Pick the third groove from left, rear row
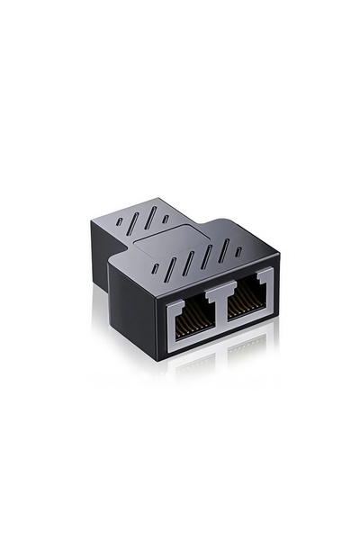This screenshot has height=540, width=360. point(152,216)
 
